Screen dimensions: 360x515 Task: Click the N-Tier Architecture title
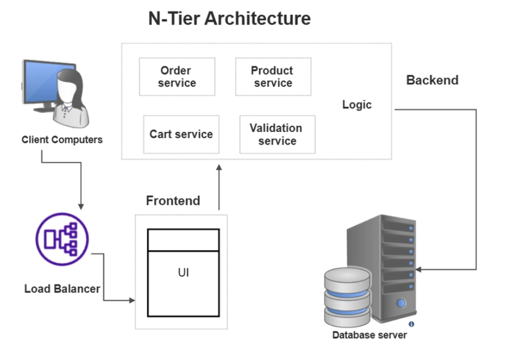tap(229, 19)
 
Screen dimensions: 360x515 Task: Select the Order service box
tap(177, 77)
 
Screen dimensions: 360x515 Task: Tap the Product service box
tap(273, 77)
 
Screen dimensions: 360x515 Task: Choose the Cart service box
tap(181, 134)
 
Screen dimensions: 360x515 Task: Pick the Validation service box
tap(277, 134)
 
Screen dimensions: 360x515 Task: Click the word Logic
tap(357, 105)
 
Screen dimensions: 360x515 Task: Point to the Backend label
tap(432, 80)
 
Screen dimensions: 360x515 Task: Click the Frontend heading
tap(173, 201)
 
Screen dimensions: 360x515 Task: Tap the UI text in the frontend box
tap(183, 273)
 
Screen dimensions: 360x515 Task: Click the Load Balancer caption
tap(62, 289)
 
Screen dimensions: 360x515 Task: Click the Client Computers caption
tap(62, 139)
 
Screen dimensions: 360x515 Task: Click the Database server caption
tap(369, 335)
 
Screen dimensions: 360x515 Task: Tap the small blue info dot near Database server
tap(411, 324)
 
